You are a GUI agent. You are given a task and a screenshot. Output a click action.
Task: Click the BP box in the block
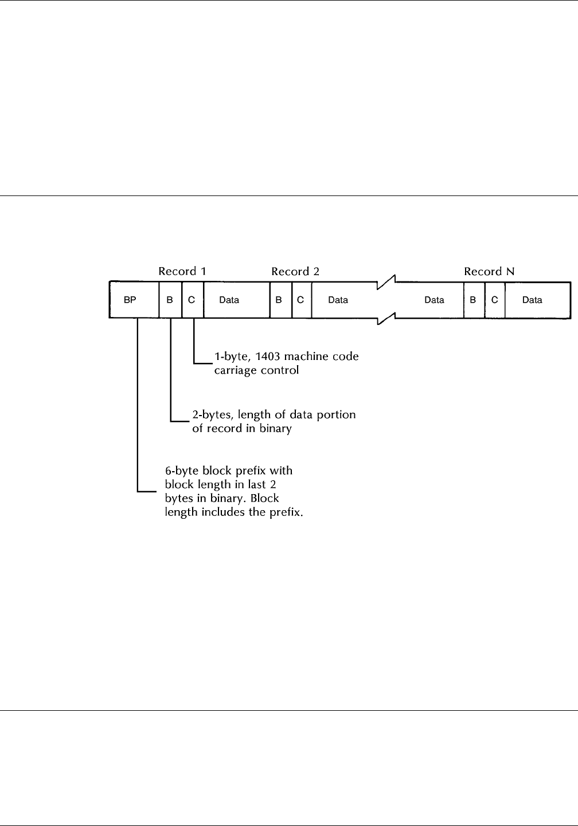pos(130,300)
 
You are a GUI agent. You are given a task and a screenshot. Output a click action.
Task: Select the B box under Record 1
pos(170,300)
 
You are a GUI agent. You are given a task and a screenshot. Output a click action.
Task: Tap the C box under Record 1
pos(192,300)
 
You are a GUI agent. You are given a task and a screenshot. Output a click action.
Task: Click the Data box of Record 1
pos(229,300)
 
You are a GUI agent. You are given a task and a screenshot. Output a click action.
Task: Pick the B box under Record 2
pos(280,300)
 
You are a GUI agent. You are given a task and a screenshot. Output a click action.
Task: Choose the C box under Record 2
pos(300,300)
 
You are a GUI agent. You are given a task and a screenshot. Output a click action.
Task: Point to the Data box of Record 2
pos(338,300)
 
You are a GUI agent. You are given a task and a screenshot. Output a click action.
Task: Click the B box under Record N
pos(473,300)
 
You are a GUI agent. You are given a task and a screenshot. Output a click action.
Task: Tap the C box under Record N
pos(494,300)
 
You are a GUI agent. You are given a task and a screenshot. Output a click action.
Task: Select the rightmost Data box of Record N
pos(533,300)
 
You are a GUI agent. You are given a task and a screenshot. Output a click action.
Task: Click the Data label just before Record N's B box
pos(434,300)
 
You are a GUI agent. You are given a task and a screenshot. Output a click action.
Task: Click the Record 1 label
pos(182,271)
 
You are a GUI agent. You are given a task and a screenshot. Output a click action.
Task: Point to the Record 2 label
pos(295,271)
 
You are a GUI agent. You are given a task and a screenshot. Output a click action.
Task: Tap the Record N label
pos(489,271)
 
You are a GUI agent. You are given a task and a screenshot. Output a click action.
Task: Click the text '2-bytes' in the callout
pos(210,414)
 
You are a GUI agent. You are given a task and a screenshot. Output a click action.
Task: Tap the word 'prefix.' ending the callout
pos(284,512)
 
